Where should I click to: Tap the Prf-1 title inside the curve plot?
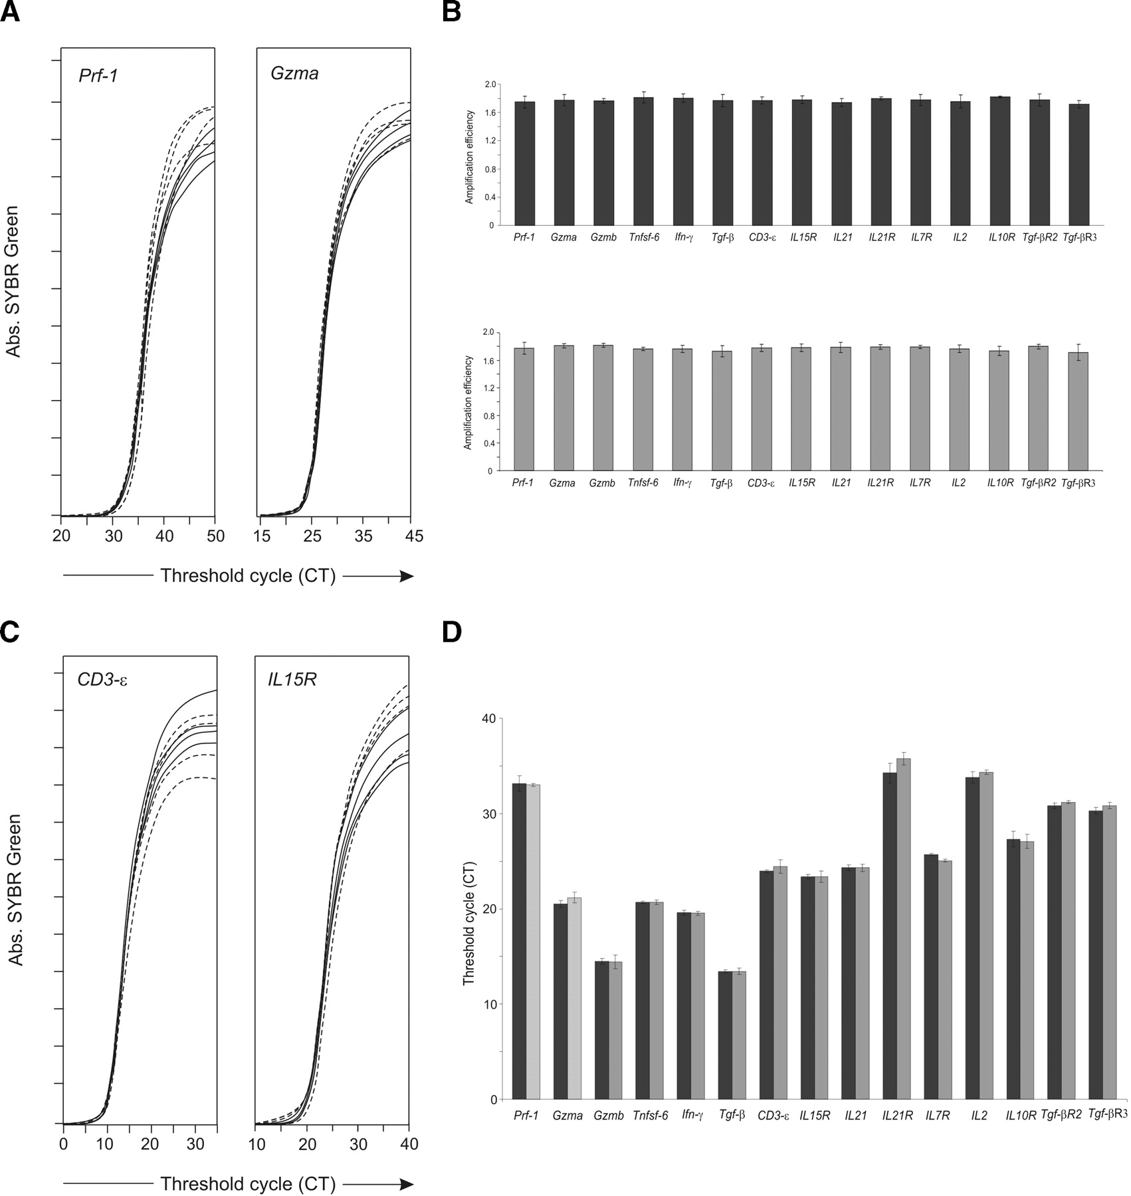coord(99,73)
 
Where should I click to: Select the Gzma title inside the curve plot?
coord(294,73)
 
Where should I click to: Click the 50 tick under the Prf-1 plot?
coord(214,536)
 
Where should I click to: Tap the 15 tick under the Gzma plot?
coord(263,536)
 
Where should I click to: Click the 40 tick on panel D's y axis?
coord(488,719)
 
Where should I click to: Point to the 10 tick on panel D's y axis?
coord(488,1004)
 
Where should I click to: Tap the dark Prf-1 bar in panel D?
coord(519,942)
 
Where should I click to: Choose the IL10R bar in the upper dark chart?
coord(1000,161)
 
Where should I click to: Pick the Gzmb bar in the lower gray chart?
coord(603,408)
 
